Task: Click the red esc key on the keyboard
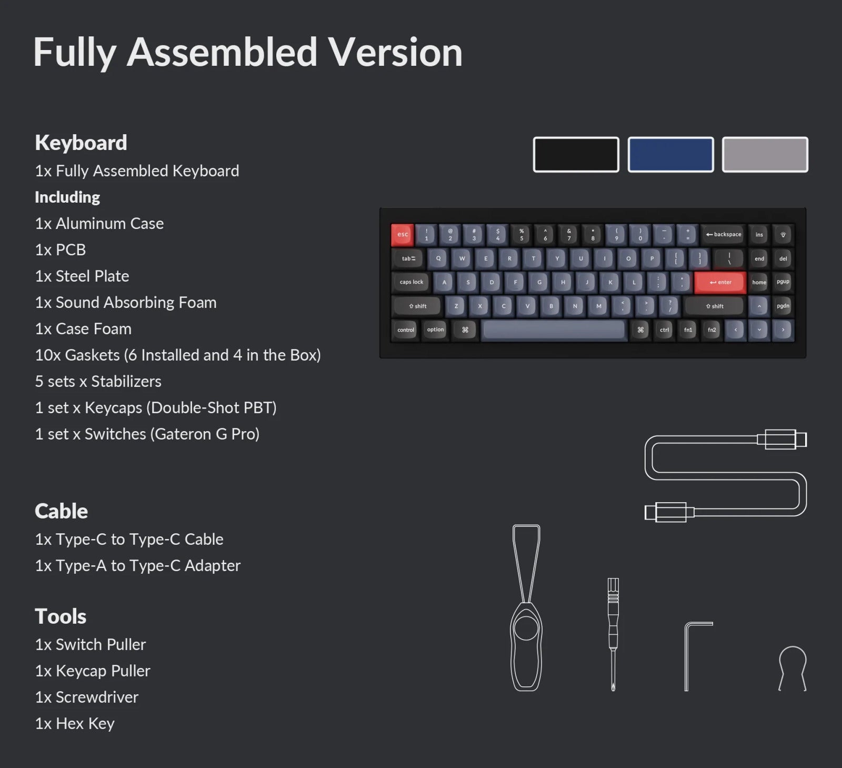coord(403,235)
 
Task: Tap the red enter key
coord(720,282)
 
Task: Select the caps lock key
coord(412,282)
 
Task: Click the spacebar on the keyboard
coord(553,330)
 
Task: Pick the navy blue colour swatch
coord(671,154)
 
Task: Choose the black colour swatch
coord(576,154)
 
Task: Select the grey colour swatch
coord(765,154)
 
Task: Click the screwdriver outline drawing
coord(613,634)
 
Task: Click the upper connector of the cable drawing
coord(782,439)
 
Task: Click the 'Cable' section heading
coord(61,511)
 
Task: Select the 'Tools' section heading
coord(61,616)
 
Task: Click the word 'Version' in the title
coord(395,52)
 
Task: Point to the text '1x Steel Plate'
coord(82,276)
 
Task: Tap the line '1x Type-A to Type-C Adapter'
coord(138,565)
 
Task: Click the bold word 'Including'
coord(67,197)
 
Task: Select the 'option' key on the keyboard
coord(435,330)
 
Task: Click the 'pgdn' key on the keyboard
coord(783,306)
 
